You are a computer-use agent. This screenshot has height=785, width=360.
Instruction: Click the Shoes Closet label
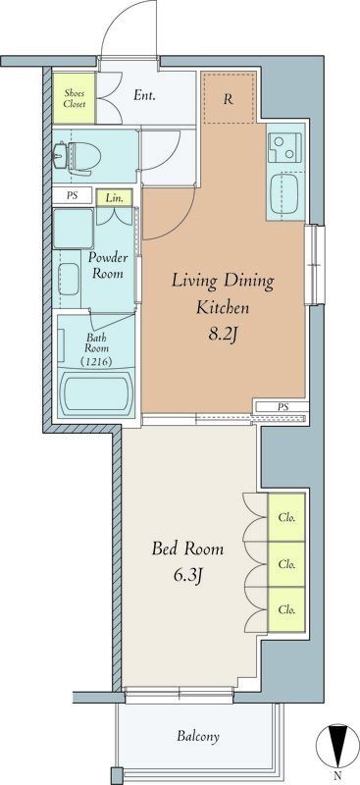[75, 98]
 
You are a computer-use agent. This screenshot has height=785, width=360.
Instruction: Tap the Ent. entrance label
[143, 95]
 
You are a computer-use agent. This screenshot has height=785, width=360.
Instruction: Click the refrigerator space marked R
[229, 99]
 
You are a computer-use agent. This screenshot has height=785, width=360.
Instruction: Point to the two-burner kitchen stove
[285, 147]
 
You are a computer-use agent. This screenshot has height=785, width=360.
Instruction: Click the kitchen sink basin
[284, 193]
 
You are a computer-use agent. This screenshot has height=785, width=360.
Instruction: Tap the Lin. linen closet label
[115, 198]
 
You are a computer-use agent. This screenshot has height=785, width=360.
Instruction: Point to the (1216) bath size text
[95, 360]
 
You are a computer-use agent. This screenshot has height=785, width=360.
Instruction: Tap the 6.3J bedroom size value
[187, 576]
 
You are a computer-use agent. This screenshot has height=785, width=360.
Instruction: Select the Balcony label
[198, 736]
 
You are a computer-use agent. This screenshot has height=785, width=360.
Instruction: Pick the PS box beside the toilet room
[73, 195]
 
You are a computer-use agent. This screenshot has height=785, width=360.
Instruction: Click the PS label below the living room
[283, 407]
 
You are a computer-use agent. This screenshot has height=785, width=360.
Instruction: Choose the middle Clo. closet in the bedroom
[286, 564]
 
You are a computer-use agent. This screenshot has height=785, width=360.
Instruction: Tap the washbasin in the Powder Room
[69, 279]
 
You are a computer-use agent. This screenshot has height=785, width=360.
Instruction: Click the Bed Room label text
[187, 549]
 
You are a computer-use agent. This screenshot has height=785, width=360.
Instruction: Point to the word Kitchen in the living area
[222, 307]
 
